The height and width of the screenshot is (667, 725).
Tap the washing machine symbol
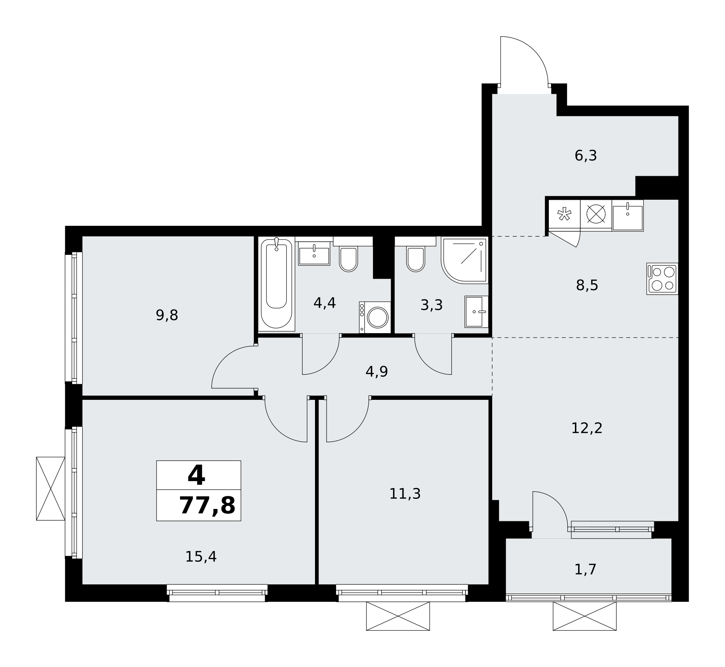375,317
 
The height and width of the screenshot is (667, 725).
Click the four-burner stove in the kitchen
662,279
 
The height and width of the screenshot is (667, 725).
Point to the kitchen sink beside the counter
628,215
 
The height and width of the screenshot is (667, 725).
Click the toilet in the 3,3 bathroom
415,259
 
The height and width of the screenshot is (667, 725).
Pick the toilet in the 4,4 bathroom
348,259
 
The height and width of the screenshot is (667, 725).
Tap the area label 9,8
167,315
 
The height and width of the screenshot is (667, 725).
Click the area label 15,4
201,557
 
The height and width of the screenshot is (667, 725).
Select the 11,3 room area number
405,494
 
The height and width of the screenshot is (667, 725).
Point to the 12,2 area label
587,428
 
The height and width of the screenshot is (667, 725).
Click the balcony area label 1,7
585,569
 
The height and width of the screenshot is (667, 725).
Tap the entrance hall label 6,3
586,156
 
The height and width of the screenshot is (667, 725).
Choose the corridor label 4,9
377,372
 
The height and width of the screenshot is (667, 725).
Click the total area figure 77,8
207,506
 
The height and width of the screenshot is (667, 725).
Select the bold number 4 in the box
196,476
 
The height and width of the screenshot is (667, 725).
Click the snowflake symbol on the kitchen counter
564,214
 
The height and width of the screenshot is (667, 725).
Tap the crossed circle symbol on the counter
596,214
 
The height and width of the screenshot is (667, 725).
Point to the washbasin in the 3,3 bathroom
476,312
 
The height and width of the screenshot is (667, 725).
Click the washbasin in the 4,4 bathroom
314,253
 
